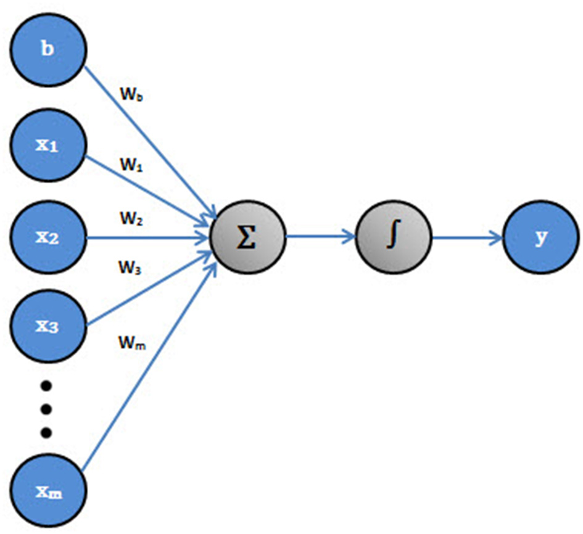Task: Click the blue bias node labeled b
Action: (48, 49)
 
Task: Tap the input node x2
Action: (48, 237)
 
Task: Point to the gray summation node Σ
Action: (248, 237)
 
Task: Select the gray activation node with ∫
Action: (394, 237)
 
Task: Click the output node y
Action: (540, 237)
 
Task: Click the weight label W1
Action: (131, 165)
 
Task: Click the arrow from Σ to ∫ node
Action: (321, 237)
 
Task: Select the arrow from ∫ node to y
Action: (467, 237)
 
